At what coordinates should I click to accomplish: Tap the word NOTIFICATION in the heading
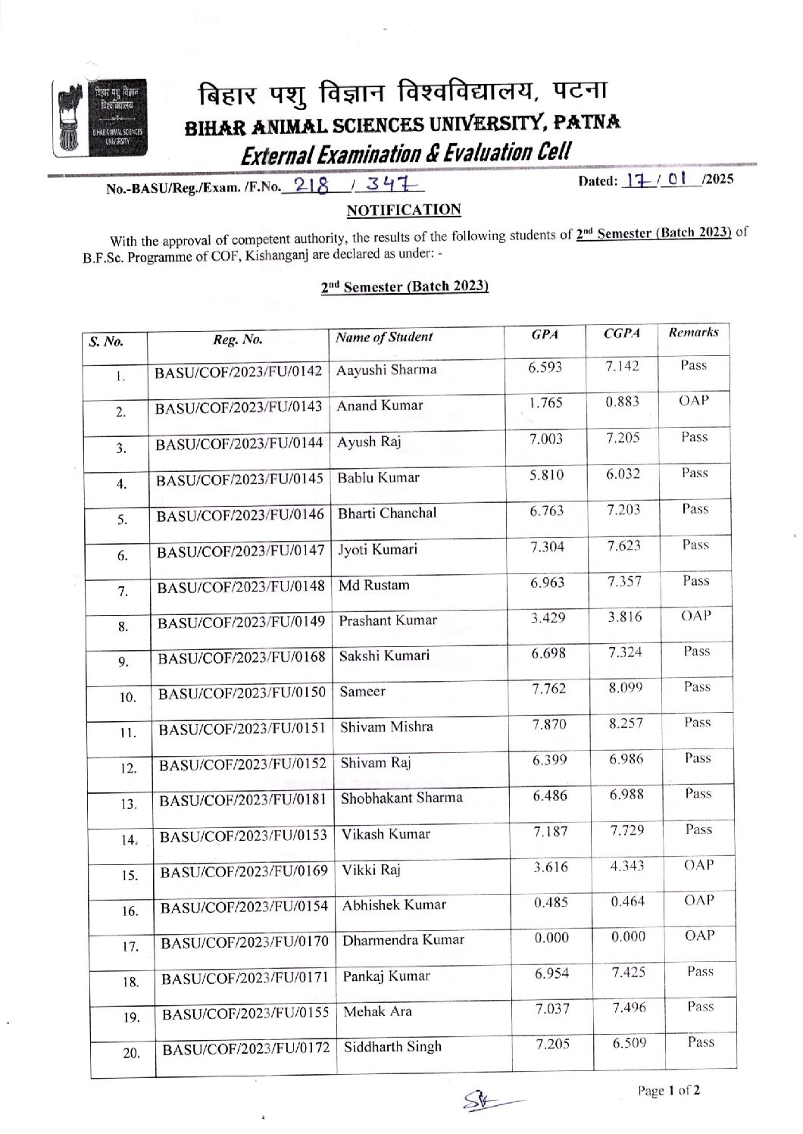tap(403, 210)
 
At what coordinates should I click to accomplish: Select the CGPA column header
tap(621, 333)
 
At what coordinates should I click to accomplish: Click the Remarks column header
tap(693, 332)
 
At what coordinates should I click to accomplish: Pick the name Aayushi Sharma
tap(386, 370)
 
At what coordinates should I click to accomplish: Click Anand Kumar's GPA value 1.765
tap(545, 403)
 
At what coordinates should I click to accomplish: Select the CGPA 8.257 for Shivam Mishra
tap(626, 723)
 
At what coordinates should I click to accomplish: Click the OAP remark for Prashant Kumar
tap(695, 616)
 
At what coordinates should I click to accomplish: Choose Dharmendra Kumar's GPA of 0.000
tap(551, 938)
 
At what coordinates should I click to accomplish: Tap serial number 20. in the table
tap(132, 1052)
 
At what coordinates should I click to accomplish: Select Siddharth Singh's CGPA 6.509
tap(630, 1043)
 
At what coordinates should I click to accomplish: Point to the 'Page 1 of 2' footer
tap(668, 1091)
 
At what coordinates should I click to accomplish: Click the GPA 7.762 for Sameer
tap(548, 689)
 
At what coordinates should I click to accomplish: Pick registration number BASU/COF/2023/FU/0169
tap(244, 870)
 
